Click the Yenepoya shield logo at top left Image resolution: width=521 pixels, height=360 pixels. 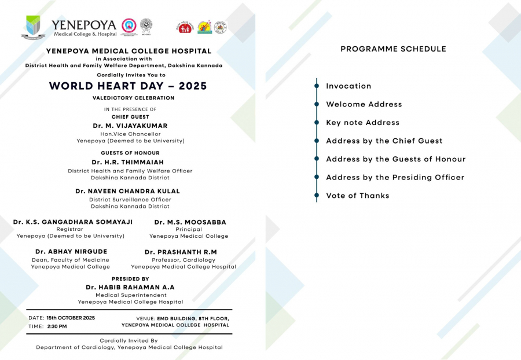(x=33, y=27)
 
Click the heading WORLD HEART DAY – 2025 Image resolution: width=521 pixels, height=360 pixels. (x=128, y=86)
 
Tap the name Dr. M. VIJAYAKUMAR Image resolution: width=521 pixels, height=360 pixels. (x=130, y=126)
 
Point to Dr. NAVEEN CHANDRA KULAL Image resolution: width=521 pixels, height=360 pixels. (x=127, y=191)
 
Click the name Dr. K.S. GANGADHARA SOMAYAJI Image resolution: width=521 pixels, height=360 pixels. (x=73, y=222)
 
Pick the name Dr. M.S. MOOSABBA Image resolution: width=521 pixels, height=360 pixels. (x=190, y=222)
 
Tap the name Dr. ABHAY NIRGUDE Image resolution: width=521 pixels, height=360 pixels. (x=71, y=252)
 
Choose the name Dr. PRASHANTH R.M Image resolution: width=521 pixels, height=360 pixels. (x=181, y=252)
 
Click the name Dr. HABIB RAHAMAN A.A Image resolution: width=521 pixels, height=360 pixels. (x=130, y=287)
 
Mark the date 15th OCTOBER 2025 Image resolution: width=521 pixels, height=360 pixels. (x=71, y=318)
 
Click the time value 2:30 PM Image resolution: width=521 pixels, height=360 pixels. (x=57, y=326)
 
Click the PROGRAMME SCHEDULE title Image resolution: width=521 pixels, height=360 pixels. (x=393, y=49)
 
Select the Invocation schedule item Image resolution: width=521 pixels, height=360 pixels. (x=348, y=86)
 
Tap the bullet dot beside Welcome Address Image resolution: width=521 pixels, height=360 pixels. (x=317, y=104)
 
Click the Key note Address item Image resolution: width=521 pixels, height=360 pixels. (x=362, y=123)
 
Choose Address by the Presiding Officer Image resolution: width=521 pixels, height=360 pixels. (x=395, y=177)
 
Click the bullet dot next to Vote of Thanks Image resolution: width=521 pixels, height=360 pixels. (x=317, y=196)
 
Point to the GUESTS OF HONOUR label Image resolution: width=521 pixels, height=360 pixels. (x=130, y=153)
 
